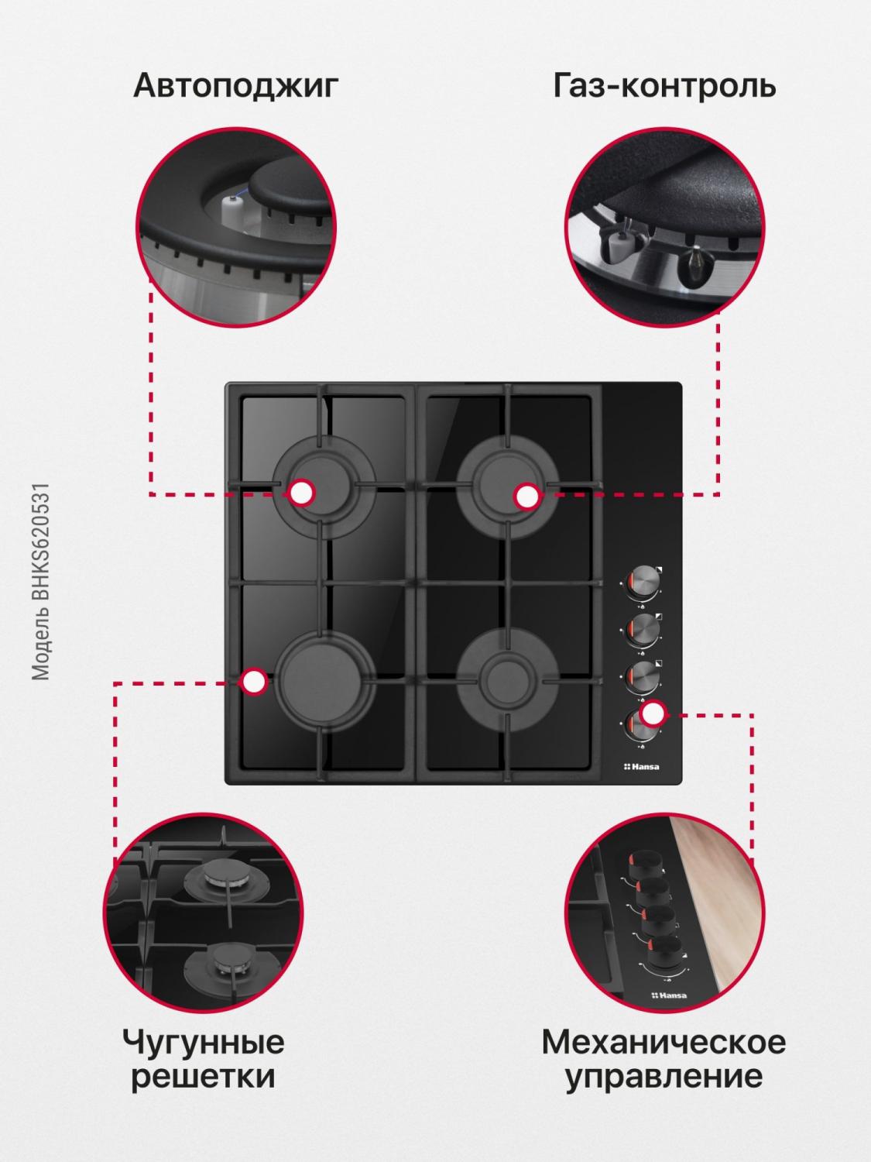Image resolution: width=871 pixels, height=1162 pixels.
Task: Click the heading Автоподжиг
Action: pos(236,86)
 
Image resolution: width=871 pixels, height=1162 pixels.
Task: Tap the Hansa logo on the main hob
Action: pos(640,767)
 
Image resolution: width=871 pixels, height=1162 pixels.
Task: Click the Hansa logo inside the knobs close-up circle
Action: pos(669,995)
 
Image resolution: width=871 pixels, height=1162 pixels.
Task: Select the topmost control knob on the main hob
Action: pos(643,583)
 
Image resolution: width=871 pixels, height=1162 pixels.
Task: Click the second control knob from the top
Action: pos(643,630)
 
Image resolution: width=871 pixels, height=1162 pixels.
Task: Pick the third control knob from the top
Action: pos(643,677)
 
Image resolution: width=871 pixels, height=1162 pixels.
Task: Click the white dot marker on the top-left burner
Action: pos(302,493)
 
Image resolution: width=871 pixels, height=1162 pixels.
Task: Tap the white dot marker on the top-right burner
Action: pos(526,497)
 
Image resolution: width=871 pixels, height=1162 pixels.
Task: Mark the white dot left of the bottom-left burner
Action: pos(254,682)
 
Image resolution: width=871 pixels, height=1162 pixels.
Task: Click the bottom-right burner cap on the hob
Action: pos(506,679)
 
